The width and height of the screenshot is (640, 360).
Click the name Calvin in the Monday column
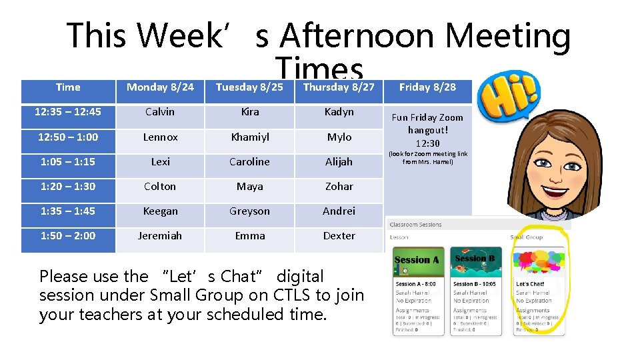(160, 112)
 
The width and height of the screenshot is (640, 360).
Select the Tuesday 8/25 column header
(249, 87)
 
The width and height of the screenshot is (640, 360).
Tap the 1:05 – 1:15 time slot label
(68, 161)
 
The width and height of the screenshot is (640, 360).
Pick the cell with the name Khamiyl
(250, 137)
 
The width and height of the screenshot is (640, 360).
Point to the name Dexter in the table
(339, 235)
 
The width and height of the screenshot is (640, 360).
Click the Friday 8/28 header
(427, 87)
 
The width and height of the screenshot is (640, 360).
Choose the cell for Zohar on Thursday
(339, 186)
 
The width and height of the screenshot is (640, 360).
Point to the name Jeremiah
(160, 235)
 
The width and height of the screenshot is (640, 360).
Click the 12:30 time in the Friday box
(427, 143)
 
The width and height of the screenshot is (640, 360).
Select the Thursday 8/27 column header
(339, 87)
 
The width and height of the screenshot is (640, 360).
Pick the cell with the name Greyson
(250, 211)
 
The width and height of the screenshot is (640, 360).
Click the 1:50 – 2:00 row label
(68, 235)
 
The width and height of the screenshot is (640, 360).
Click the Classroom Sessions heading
(416, 225)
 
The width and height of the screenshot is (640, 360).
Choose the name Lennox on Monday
(160, 137)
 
